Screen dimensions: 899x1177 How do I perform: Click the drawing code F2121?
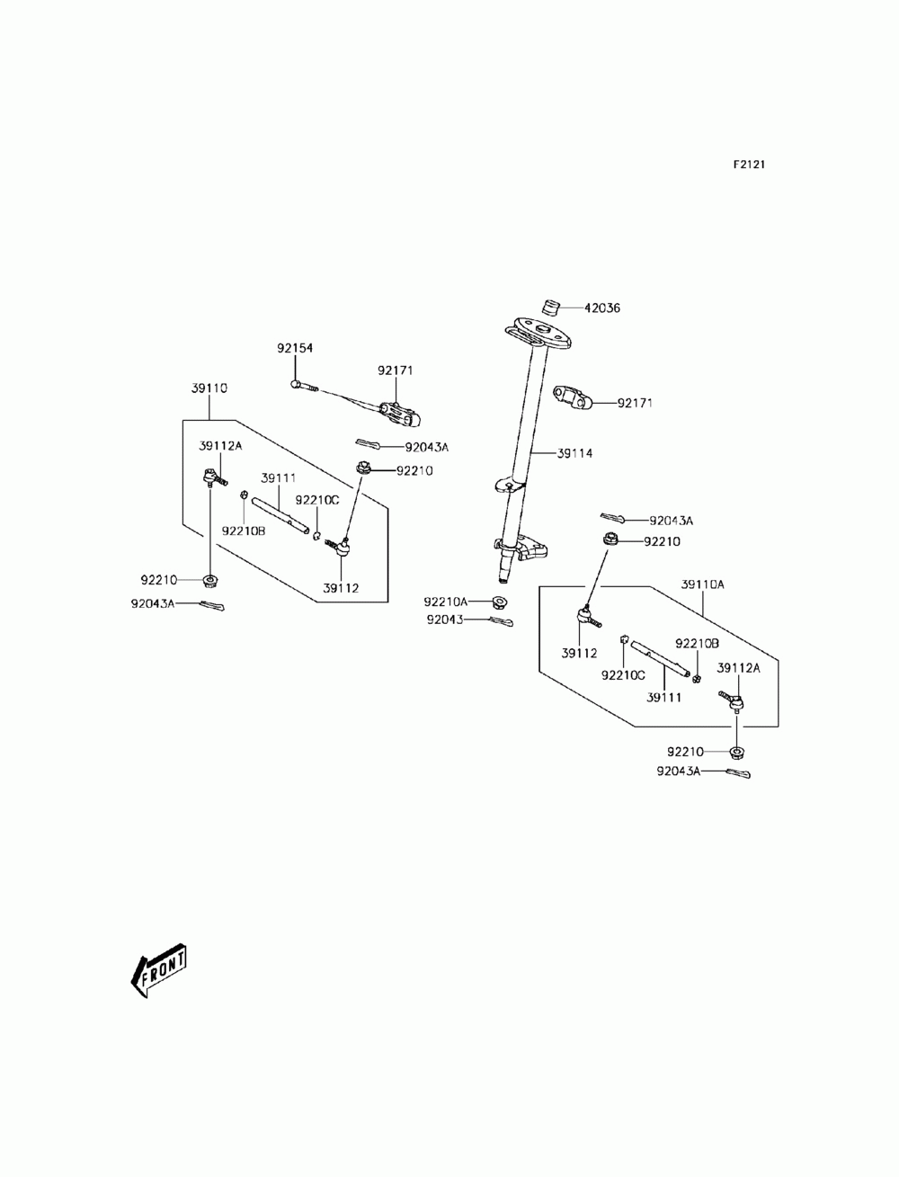(749, 165)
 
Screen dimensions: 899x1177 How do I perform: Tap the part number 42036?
(602, 308)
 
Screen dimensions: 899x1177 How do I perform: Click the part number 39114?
(574, 453)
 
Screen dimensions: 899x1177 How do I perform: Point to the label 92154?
(295, 348)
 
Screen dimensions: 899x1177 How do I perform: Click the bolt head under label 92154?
(296, 383)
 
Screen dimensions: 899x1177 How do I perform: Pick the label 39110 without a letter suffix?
(209, 388)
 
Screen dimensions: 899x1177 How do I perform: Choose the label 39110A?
(702, 584)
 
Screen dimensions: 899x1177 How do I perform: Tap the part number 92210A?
(446, 602)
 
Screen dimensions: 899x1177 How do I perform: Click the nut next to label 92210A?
(500, 602)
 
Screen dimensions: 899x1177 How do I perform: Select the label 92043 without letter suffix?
(444, 620)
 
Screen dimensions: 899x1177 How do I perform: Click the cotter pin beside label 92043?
(501, 621)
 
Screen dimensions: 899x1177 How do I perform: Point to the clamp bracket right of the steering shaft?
(573, 397)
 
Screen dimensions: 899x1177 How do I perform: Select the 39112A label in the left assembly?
(220, 446)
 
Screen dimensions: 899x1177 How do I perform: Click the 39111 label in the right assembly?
(663, 697)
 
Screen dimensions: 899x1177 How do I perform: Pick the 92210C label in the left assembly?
(317, 500)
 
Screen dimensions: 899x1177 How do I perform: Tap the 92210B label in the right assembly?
(697, 644)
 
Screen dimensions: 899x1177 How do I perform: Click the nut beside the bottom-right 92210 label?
(736, 753)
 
